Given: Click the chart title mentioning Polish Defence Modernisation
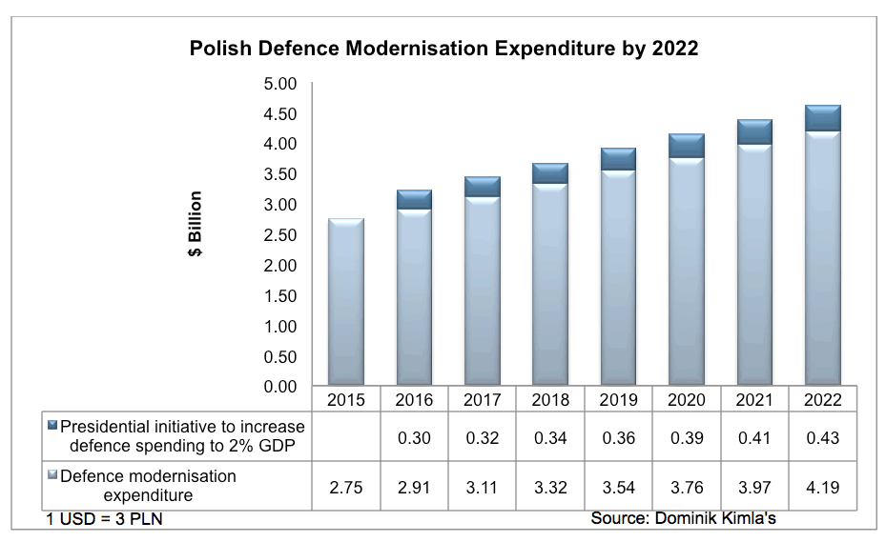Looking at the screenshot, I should [443, 48].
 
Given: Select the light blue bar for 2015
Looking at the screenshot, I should [345, 303].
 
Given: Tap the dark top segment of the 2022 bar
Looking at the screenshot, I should [822, 118].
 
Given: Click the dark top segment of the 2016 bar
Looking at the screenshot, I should [414, 199].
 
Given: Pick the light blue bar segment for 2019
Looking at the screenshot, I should [618, 278].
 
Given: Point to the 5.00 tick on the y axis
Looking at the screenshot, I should [279, 84].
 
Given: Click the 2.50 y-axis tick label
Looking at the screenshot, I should [279, 235].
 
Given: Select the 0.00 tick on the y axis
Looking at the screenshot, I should [279, 387].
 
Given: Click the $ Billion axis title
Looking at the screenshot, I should [195, 223].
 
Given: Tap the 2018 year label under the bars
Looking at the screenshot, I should [550, 400].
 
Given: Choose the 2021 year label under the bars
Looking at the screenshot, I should [754, 400].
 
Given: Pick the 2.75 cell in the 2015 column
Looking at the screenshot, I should [345, 488].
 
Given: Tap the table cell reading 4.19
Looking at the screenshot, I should [822, 488].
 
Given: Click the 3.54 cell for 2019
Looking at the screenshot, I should [618, 488].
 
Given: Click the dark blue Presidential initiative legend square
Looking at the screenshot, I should [52, 425].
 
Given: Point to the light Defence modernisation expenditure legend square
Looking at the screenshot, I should [52, 475].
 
